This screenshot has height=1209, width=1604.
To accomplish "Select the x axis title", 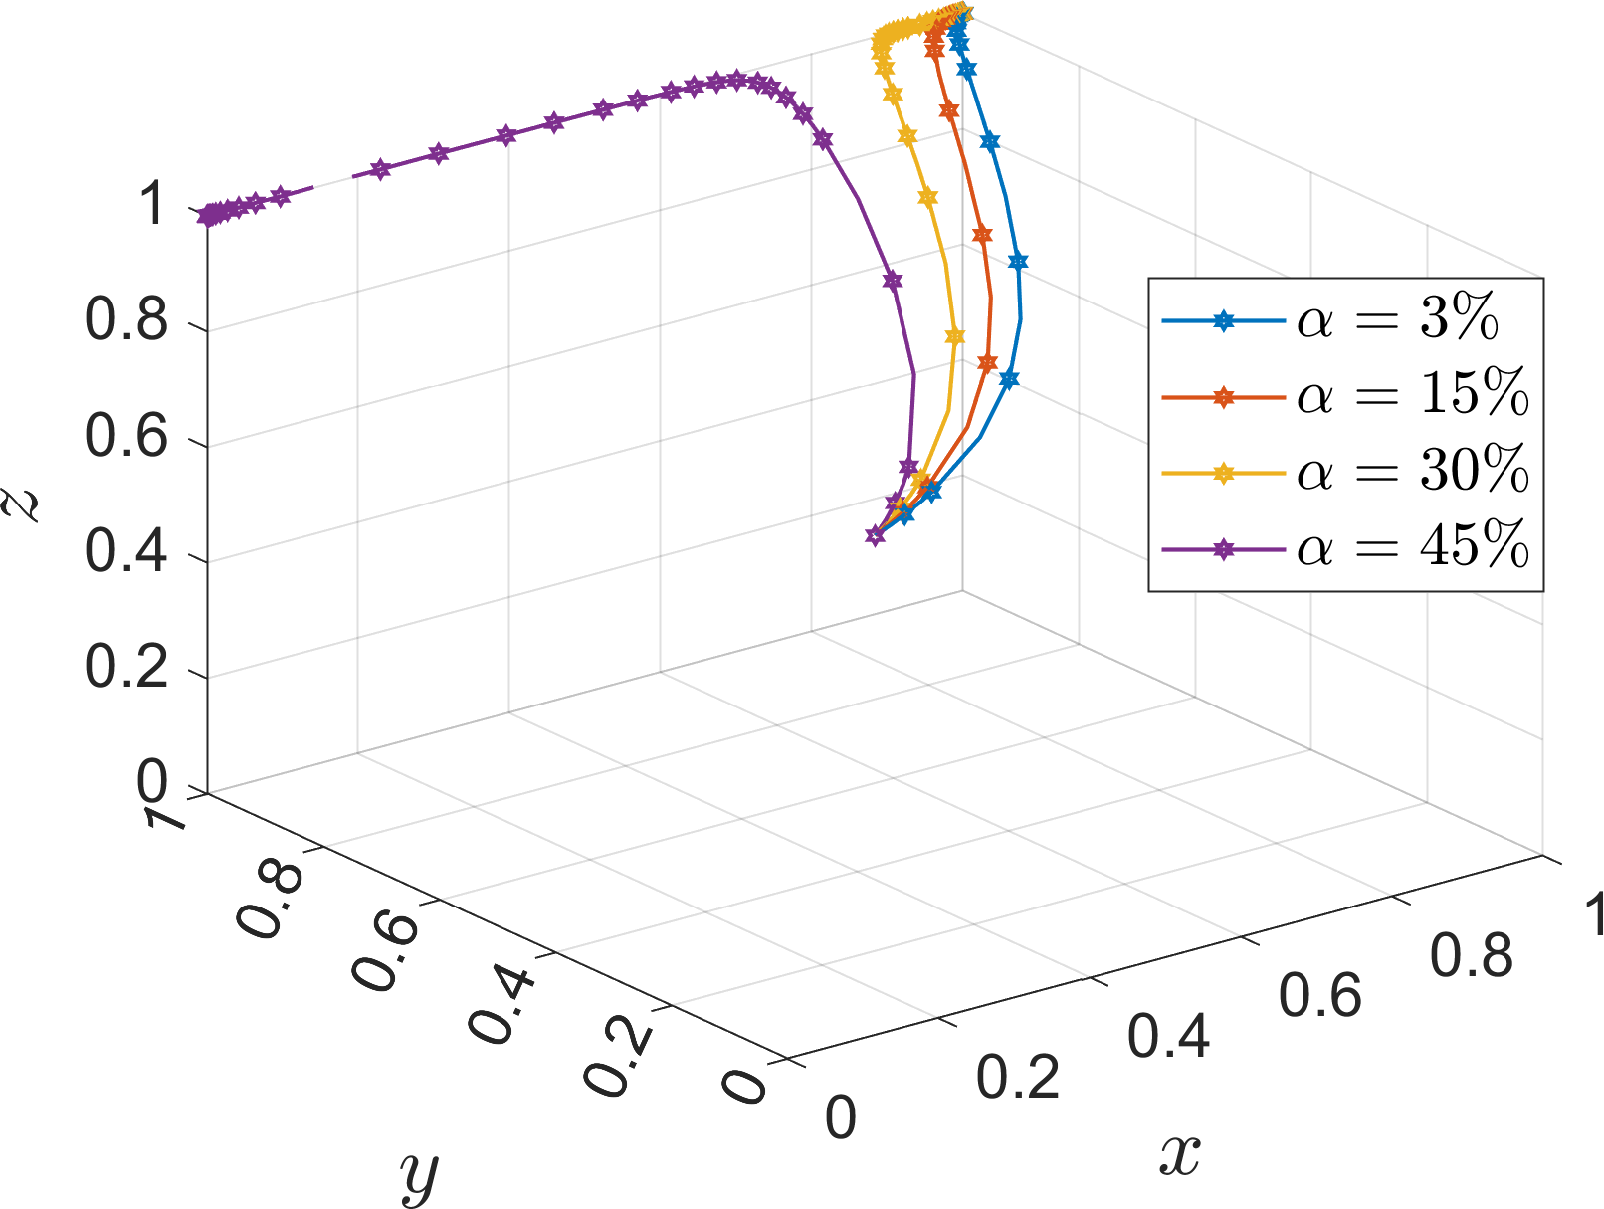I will pos(1180,1154).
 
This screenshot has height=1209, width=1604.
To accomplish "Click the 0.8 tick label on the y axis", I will pos(271,902).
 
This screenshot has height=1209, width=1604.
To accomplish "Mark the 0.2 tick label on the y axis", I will pos(619,1061).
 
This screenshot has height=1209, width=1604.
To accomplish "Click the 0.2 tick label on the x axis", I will pos(1018,1078).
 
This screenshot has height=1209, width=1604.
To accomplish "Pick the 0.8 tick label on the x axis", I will pos(1472,955).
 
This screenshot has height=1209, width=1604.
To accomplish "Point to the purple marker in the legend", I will pos(1224,548).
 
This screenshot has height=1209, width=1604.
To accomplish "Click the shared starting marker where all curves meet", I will pos(875,536).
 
